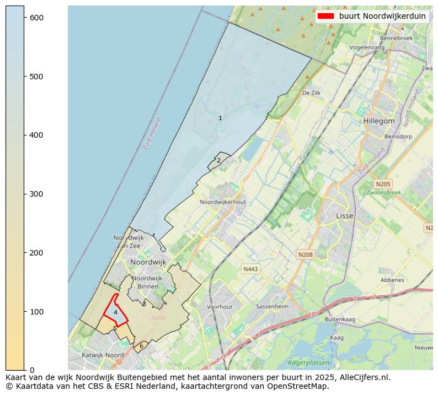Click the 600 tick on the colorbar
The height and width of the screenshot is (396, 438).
point(25,18)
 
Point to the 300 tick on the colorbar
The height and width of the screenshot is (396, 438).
point(25,194)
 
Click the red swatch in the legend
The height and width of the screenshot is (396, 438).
point(326,16)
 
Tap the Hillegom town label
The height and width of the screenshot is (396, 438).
point(379,121)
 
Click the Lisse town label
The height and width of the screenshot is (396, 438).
point(345,216)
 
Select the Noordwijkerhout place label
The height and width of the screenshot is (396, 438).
point(223,203)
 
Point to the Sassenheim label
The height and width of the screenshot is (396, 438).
point(273,306)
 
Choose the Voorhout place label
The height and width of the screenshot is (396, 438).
point(220,307)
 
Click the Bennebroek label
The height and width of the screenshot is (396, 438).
point(396,39)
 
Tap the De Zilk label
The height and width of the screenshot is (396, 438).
point(311,94)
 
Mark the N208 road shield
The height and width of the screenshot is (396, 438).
point(305,254)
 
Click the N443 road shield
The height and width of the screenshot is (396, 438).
point(250,269)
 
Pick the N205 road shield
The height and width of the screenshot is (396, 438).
point(382,184)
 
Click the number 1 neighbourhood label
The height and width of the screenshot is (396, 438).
point(220,118)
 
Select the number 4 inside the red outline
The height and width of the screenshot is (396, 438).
point(115,312)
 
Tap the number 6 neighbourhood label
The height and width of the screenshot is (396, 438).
point(141,346)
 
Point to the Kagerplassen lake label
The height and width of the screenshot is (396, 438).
point(309,363)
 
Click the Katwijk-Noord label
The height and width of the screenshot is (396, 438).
point(103,355)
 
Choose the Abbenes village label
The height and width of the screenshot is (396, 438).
point(392,280)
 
